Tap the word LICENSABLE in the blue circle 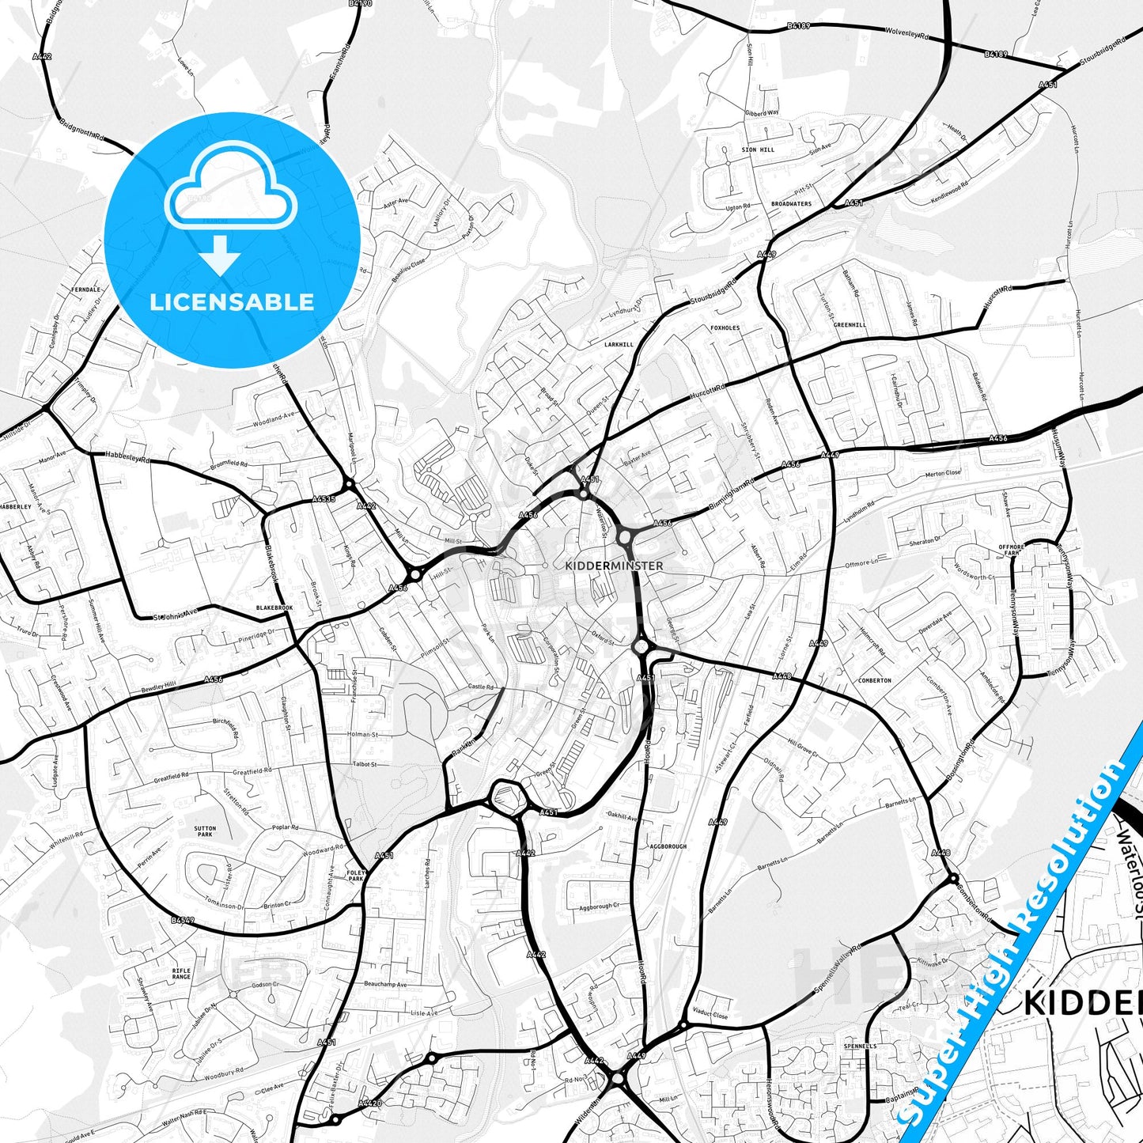[232, 302]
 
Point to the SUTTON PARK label [205, 831]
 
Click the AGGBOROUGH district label [668, 846]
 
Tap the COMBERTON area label [875, 680]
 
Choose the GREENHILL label [850, 325]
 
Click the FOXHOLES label [725, 327]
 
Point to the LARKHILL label [619, 345]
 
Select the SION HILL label [758, 149]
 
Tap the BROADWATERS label [791, 204]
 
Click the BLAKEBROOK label [274, 607]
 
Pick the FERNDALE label [86, 290]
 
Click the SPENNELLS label [860, 1046]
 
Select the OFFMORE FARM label [1011, 550]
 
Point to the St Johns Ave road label [176, 613]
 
